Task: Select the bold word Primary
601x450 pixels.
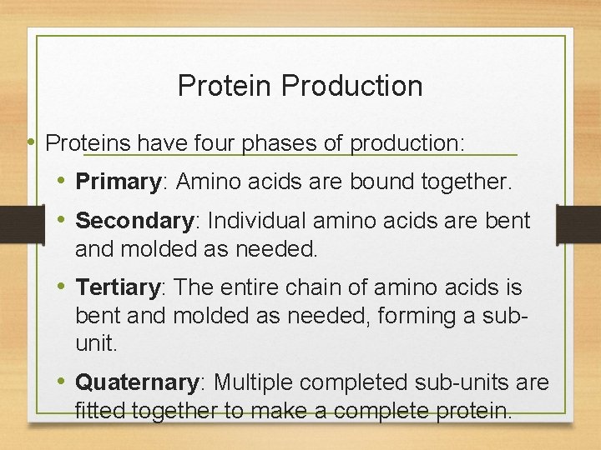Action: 118,181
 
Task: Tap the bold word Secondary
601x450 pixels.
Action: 134,221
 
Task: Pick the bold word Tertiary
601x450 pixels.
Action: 118,287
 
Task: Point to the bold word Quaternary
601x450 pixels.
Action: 137,382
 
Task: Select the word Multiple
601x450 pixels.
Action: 253,382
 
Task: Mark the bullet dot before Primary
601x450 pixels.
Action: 63,181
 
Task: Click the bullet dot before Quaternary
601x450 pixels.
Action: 63,382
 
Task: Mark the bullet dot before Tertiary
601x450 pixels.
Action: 63,287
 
